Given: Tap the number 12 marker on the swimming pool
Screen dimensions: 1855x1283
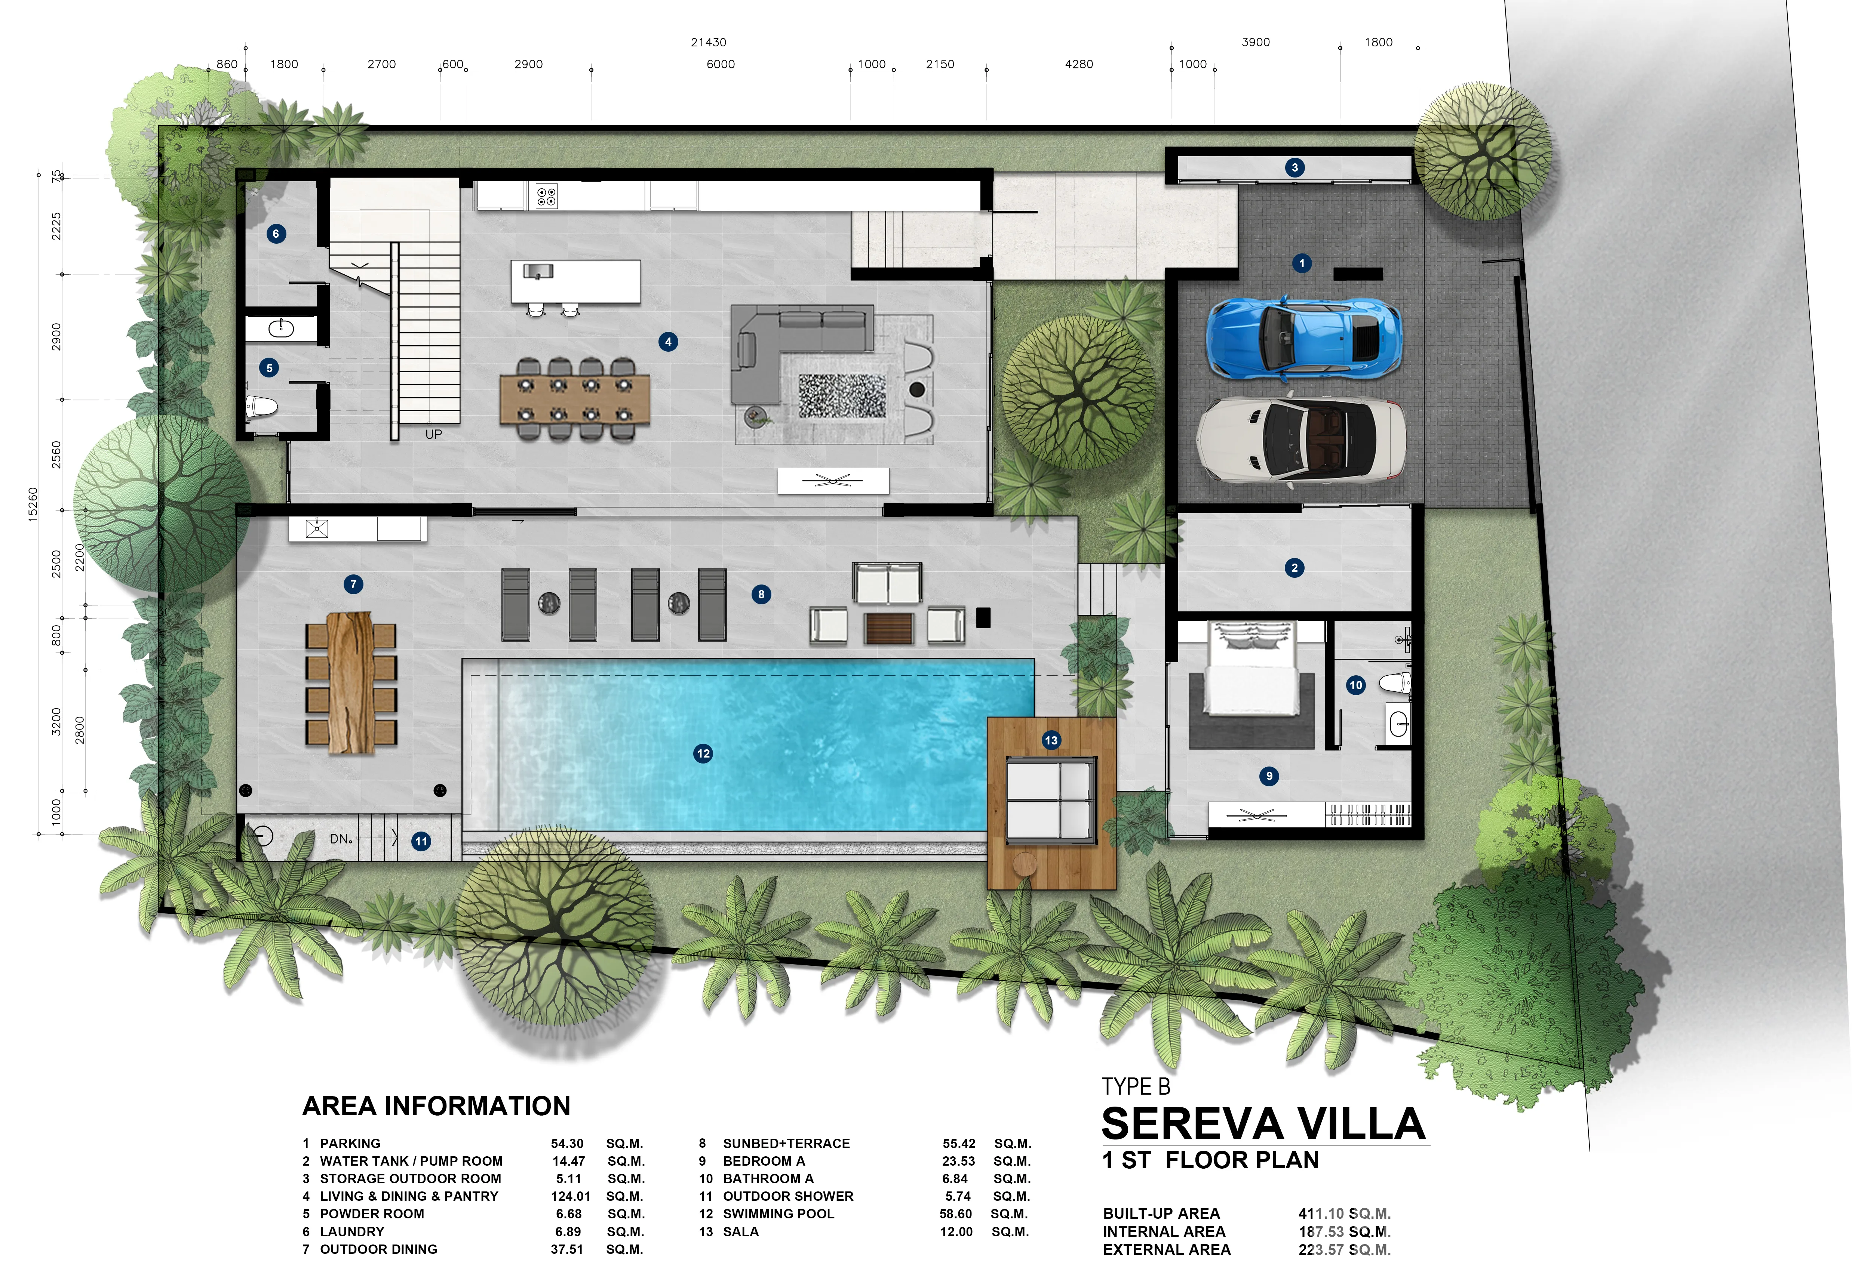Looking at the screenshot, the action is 703,753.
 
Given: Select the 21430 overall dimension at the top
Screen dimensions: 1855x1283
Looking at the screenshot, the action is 709,42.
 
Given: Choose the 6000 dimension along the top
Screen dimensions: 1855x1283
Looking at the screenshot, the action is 721,64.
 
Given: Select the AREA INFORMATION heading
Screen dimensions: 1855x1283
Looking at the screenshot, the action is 436,1106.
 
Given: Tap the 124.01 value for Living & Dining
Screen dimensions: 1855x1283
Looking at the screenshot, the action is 570,1196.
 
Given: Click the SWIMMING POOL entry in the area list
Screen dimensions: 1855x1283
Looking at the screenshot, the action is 778,1214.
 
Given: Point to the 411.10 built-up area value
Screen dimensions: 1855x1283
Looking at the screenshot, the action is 1321,1214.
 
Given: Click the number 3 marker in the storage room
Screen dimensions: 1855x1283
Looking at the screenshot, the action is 1294,167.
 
